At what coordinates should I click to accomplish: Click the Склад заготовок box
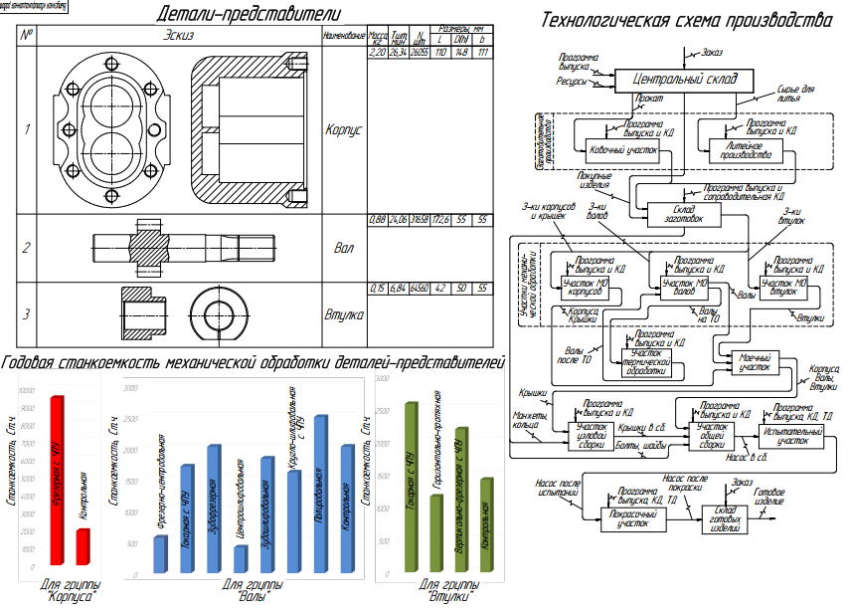click(676, 214)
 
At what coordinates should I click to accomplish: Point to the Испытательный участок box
click(791, 440)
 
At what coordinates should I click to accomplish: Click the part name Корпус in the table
click(345, 129)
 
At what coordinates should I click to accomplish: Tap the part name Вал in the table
click(345, 248)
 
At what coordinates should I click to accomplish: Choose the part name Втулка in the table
click(345, 314)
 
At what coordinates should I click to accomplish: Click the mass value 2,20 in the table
click(377, 52)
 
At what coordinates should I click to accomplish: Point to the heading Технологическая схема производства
click(681, 20)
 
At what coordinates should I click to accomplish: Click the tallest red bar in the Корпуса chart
click(58, 485)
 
